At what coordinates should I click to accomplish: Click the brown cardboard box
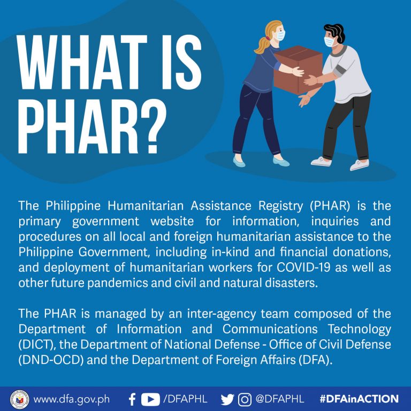(298, 70)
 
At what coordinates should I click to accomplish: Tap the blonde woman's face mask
(280, 35)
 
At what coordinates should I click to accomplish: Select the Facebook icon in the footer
(132, 399)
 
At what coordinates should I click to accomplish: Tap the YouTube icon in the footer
(150, 399)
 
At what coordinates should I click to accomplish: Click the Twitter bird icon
(227, 399)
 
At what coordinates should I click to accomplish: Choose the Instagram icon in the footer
(244, 399)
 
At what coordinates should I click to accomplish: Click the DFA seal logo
(19, 399)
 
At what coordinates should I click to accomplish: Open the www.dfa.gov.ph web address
(72, 399)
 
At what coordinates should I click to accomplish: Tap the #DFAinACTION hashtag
(359, 399)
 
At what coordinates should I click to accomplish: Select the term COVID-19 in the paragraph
(303, 268)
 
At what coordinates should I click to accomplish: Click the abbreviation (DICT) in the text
(37, 345)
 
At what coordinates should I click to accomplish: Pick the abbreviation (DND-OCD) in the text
(51, 360)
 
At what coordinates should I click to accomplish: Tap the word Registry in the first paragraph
(281, 206)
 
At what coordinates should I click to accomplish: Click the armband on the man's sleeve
(340, 70)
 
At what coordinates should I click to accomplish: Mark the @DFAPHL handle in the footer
(280, 399)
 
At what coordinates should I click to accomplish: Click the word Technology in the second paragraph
(360, 330)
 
